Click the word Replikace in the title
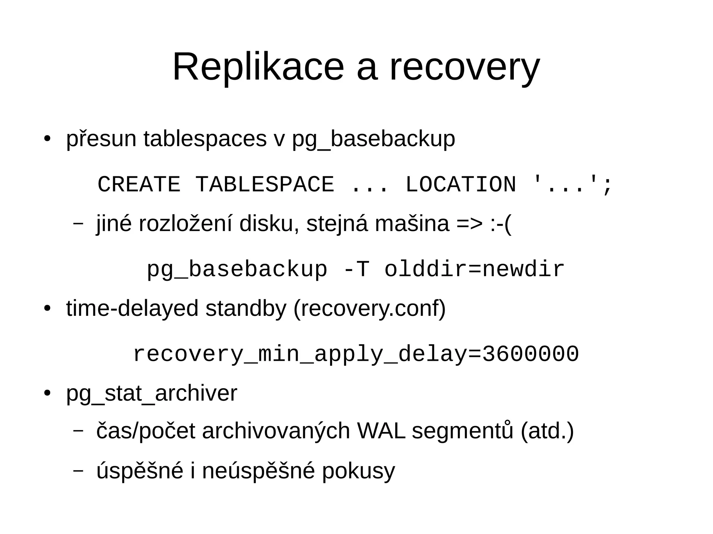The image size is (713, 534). (x=258, y=67)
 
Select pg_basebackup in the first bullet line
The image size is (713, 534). (x=373, y=139)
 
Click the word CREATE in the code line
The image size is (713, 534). (x=139, y=184)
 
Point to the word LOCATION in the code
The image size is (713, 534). (x=460, y=184)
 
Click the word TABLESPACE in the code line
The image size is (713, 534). (x=265, y=184)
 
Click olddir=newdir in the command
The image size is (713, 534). (x=474, y=270)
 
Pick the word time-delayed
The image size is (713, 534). (x=132, y=309)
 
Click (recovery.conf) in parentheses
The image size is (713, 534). (x=369, y=309)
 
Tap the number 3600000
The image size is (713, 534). (x=530, y=354)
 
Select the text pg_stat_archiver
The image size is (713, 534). (x=151, y=394)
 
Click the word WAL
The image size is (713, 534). (x=381, y=431)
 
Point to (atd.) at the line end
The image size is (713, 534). (x=547, y=431)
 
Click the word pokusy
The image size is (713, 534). (x=358, y=471)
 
